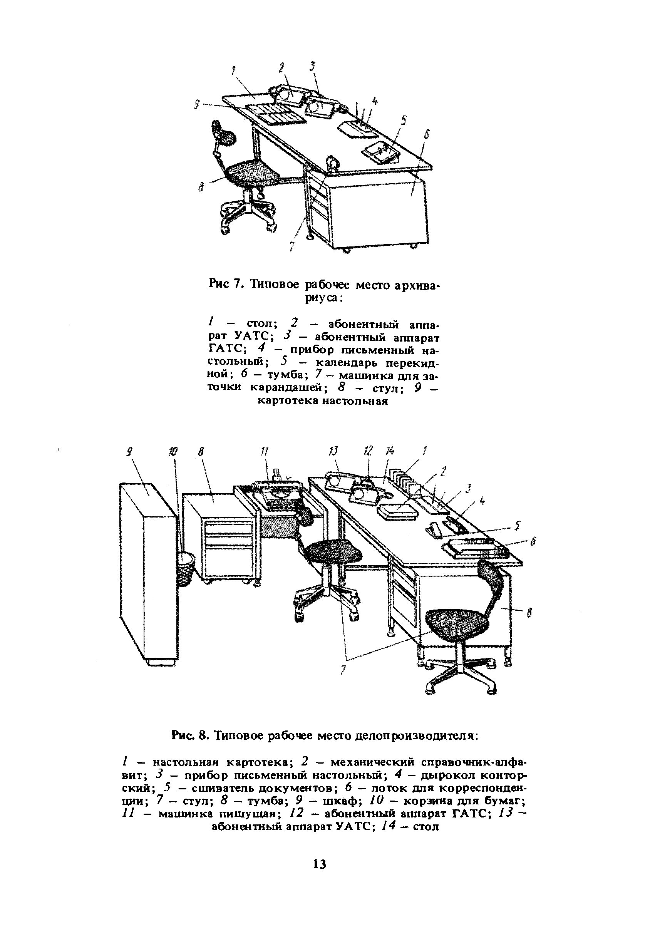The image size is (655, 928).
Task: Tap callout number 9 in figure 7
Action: click(x=197, y=105)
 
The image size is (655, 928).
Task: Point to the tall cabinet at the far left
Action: click(x=148, y=574)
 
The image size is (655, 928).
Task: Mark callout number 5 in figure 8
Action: click(x=517, y=526)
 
